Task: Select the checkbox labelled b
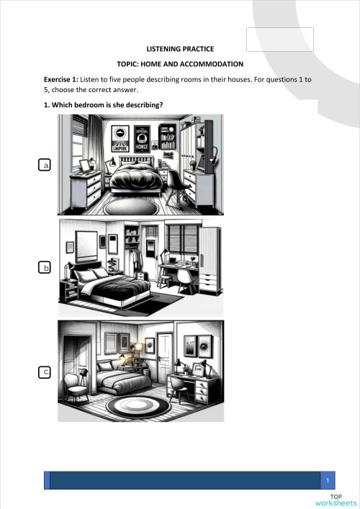coord(45,268)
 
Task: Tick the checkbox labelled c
coord(45,371)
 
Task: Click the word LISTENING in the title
coord(162,49)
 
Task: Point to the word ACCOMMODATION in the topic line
coord(209,64)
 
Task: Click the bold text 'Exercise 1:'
coord(63,79)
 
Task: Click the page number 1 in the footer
coord(328,480)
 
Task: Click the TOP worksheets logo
coord(336,500)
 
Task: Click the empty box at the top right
coord(280,40)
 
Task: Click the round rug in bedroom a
coord(131,204)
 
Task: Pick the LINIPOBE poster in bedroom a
coord(120,143)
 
